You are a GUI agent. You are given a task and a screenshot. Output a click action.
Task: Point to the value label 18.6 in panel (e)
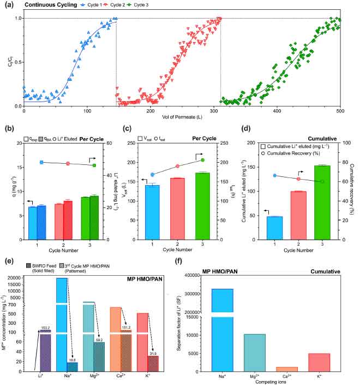pyautogui.click(x=71, y=360)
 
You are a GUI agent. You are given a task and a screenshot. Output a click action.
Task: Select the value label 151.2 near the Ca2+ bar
pyautogui.click(x=125, y=328)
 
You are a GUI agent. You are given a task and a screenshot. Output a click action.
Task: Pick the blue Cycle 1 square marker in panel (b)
pyautogui.click(x=41, y=162)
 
